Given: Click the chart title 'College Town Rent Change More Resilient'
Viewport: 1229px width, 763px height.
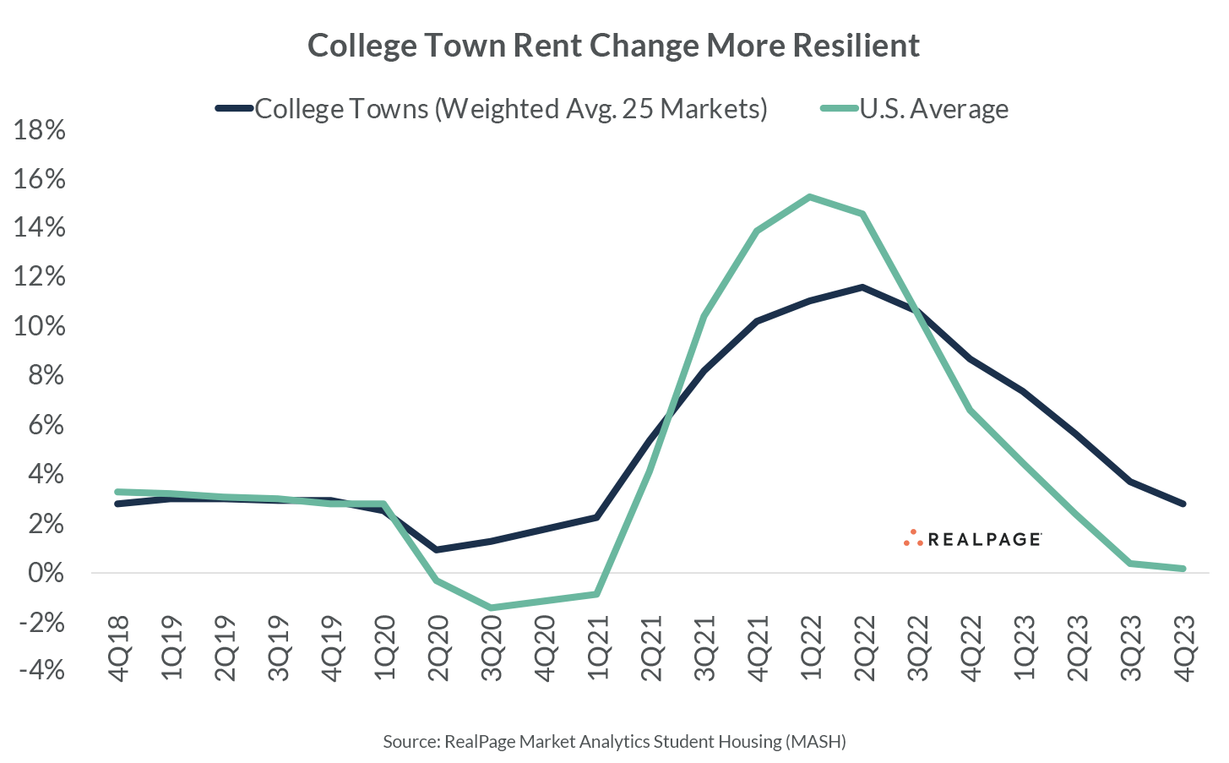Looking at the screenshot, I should click(x=613, y=45).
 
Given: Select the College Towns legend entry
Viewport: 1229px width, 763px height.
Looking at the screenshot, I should click(x=492, y=109).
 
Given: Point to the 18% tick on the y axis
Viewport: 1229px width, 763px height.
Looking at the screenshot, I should click(x=39, y=130).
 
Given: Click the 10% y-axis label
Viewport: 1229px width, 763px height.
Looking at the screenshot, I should click(x=39, y=327).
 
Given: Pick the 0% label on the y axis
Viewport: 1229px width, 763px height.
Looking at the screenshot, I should click(x=46, y=573).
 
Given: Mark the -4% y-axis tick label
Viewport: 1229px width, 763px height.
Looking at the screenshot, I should click(x=41, y=671).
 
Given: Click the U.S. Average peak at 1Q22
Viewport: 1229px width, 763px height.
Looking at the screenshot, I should click(x=810, y=198).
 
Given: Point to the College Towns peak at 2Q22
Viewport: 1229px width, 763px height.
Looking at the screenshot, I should click(x=862, y=287).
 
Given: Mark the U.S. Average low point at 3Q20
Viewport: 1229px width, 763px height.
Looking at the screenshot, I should click(x=492, y=608).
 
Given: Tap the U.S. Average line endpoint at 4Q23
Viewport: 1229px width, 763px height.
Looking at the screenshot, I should click(x=1183, y=569).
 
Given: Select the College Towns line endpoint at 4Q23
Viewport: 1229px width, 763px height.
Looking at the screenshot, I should click(x=1183, y=504).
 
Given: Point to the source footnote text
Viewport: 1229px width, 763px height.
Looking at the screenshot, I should click(x=614, y=742).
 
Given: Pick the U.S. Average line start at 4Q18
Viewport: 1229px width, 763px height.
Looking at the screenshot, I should click(x=118, y=492).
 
